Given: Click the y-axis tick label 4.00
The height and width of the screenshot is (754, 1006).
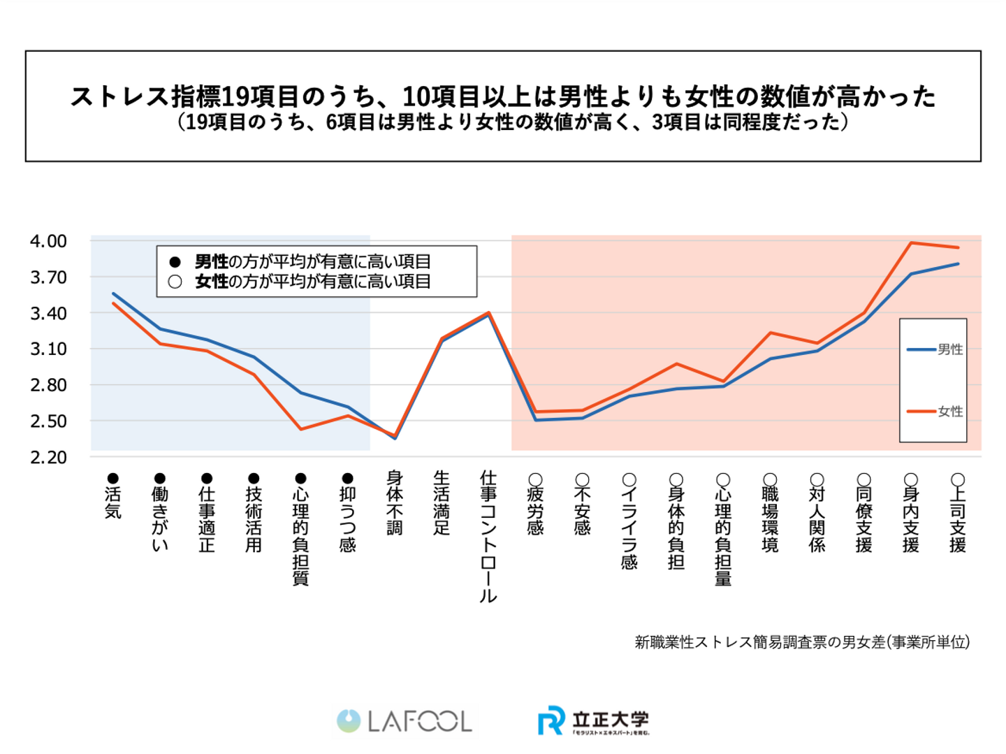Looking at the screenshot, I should pyautogui.click(x=48, y=241).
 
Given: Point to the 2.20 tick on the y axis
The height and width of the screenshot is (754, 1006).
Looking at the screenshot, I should pyautogui.click(x=48, y=458).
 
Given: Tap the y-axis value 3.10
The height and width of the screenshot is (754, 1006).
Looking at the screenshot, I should pyautogui.click(x=48, y=349).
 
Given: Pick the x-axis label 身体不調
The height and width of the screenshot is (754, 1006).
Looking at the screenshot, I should pyautogui.click(x=395, y=502).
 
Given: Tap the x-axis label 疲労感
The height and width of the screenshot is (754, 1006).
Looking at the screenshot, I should pyautogui.click(x=536, y=511).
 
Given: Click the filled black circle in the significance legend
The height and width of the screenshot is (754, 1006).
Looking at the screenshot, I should pyautogui.click(x=175, y=262).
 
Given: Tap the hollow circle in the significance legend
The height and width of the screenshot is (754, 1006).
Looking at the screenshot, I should pyautogui.click(x=175, y=282).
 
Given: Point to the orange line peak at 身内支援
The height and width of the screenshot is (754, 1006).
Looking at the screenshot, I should pyautogui.click(x=911, y=242).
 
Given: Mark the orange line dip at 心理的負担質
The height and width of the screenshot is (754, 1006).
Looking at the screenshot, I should pyautogui.click(x=301, y=429).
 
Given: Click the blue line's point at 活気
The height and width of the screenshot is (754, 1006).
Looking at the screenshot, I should pyautogui.click(x=113, y=293).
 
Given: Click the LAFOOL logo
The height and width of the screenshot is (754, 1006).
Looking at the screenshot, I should pyautogui.click(x=404, y=721).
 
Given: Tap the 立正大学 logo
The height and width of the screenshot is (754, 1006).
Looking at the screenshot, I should pyautogui.click(x=594, y=720).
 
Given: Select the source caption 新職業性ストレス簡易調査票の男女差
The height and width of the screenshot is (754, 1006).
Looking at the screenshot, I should pyautogui.click(x=802, y=642).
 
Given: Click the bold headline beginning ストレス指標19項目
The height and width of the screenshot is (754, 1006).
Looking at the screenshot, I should pyautogui.click(x=503, y=96).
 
